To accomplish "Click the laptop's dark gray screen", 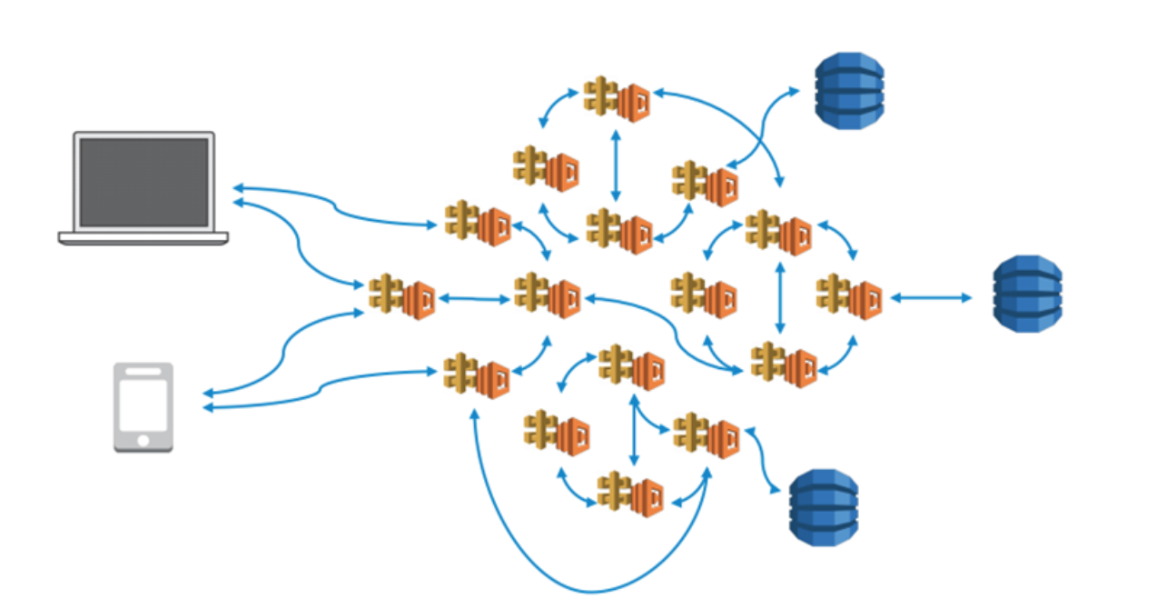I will (143, 182).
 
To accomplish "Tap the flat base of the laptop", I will (143, 238).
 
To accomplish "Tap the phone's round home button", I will (143, 441).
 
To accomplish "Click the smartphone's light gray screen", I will (143, 404).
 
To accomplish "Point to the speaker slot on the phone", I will (143, 373).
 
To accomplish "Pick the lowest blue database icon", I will (823, 507).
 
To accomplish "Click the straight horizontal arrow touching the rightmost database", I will (931, 297).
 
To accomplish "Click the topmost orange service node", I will (617, 98).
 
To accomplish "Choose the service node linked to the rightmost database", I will (849, 296).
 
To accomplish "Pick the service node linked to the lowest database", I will (707, 435).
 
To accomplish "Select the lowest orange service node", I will (630, 494).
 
